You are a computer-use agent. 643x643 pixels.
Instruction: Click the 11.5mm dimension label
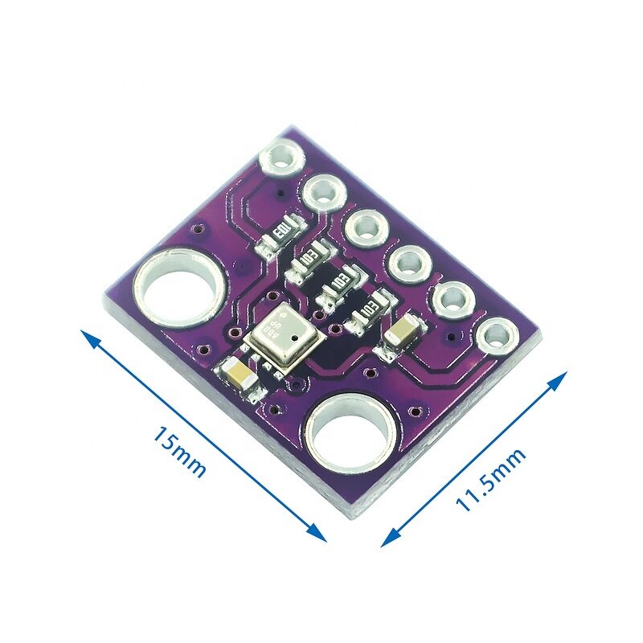point(490,479)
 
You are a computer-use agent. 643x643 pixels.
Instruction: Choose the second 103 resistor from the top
point(307,259)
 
